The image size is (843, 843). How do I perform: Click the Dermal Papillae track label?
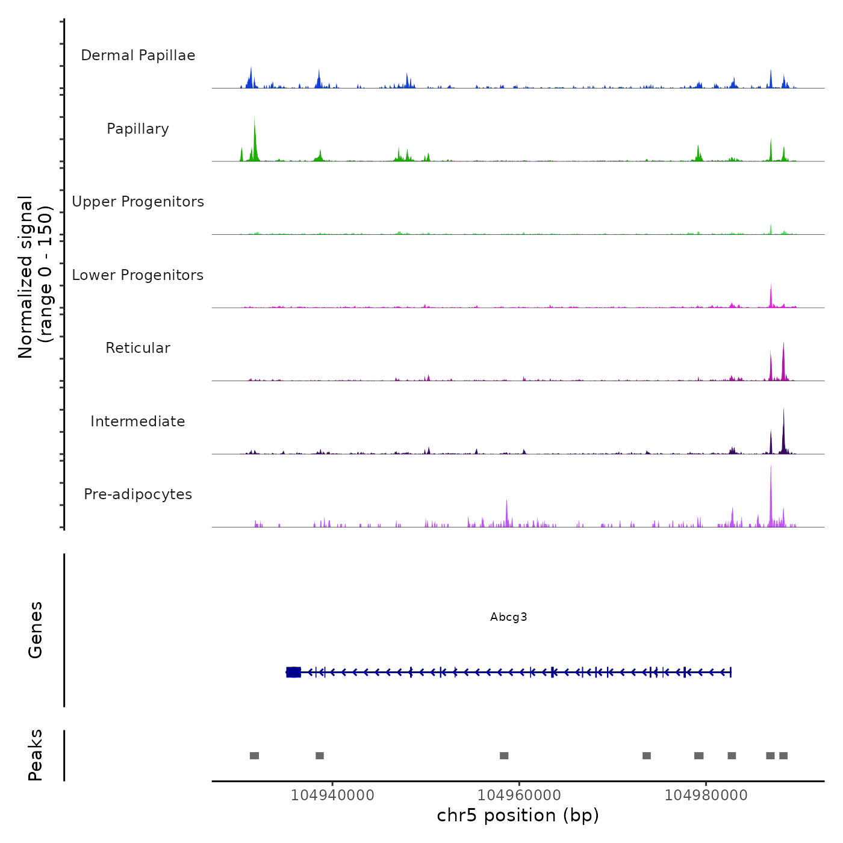click(138, 55)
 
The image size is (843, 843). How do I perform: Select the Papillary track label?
click(138, 129)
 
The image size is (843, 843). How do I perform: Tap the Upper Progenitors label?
click(138, 202)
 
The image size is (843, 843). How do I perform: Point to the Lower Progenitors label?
click(138, 275)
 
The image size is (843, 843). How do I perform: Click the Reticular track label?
click(138, 348)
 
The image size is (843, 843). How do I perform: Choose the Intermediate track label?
click(138, 421)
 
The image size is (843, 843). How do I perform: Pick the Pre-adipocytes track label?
click(138, 494)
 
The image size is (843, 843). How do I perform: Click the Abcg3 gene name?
click(509, 617)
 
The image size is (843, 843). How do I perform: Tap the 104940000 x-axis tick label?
click(332, 795)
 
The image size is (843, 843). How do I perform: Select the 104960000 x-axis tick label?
click(519, 795)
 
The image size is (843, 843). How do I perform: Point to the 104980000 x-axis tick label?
click(706, 795)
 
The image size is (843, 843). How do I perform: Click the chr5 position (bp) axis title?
click(518, 815)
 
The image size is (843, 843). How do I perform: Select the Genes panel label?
click(35, 630)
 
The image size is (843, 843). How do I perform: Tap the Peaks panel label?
click(35, 755)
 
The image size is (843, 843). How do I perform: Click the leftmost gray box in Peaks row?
click(254, 756)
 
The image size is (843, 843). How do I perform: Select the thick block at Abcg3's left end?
click(293, 672)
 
